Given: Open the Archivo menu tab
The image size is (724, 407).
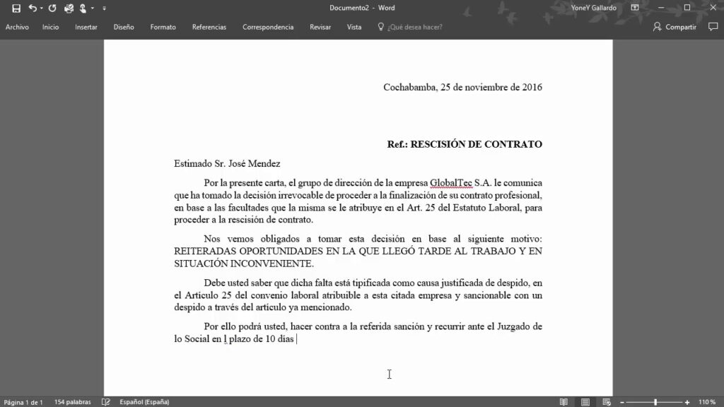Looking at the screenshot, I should [x=17, y=27].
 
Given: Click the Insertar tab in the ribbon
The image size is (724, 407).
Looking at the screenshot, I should [x=86, y=27].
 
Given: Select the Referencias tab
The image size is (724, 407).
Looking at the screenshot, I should [x=209, y=27].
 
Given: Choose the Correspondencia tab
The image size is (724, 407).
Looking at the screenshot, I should [x=268, y=27].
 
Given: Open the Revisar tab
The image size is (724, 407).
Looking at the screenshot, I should [x=320, y=27].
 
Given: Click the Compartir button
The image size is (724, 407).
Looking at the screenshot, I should [x=676, y=27].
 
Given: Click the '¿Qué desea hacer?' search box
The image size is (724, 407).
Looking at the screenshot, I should [x=415, y=27].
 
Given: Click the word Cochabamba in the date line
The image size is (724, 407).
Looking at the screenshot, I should [x=409, y=88].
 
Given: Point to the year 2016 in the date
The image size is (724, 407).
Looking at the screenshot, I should [x=531, y=88].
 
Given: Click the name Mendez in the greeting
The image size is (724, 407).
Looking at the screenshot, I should [x=265, y=163].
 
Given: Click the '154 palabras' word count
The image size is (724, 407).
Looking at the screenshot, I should [x=73, y=402].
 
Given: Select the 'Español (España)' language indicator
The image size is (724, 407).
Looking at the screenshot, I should [x=144, y=402].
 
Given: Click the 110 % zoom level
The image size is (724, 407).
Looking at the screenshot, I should [x=707, y=402].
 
